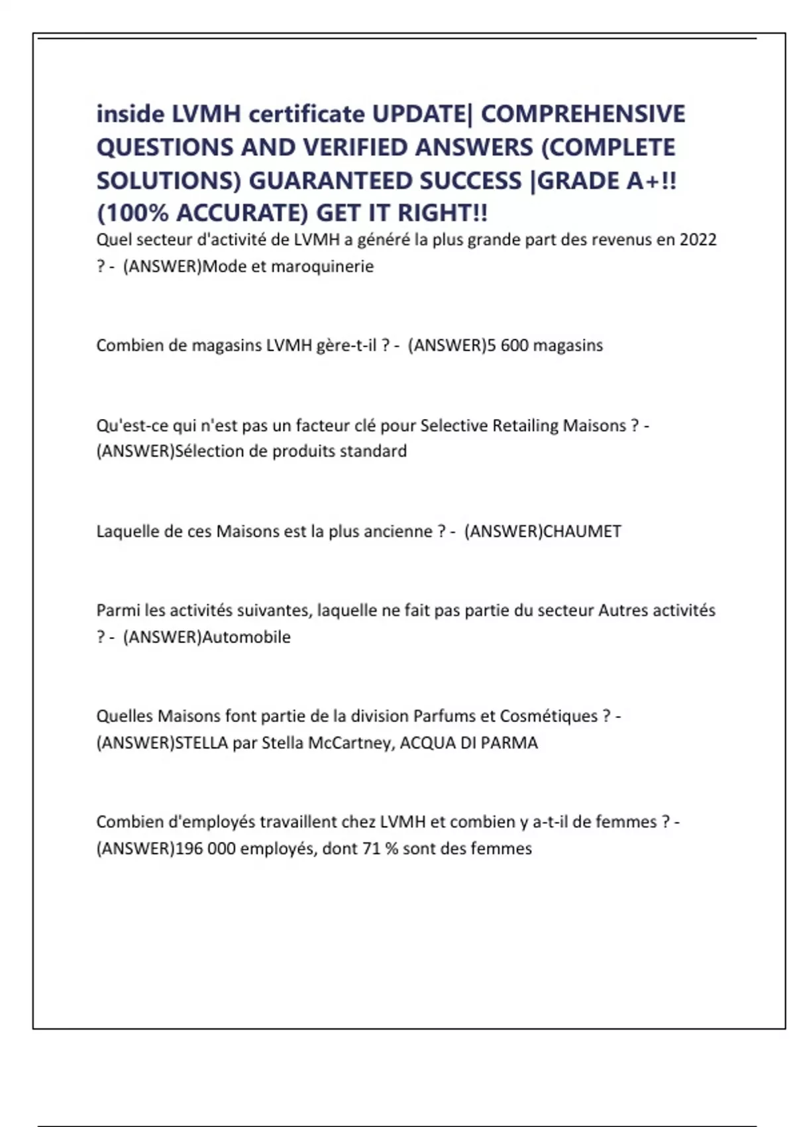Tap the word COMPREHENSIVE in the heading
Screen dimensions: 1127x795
(x=583, y=114)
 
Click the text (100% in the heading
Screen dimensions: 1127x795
(x=132, y=213)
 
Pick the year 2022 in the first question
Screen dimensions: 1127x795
(x=698, y=239)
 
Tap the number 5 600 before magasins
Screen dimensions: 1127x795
(x=507, y=345)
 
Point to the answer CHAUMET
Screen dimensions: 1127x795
(x=582, y=531)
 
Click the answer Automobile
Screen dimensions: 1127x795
(x=246, y=637)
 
